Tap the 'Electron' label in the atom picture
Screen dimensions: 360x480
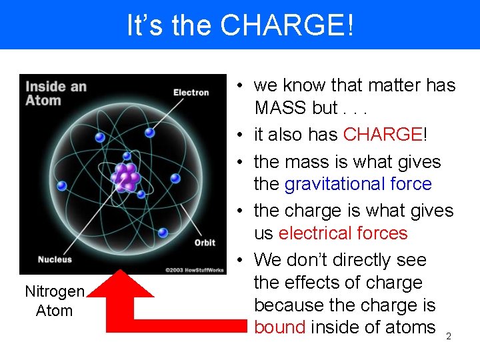pyautogui.click(x=191, y=93)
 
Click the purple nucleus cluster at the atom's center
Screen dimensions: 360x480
pyautogui.click(x=125, y=176)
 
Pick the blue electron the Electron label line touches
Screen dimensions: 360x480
pyautogui.click(x=150, y=133)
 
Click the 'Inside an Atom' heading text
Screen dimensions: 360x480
pyautogui.click(x=55, y=93)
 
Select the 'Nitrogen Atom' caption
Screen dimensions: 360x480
pyautogui.click(x=55, y=301)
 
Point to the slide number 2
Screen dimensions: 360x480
pyautogui.click(x=448, y=337)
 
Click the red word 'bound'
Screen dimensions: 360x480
pyautogui.click(x=279, y=327)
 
